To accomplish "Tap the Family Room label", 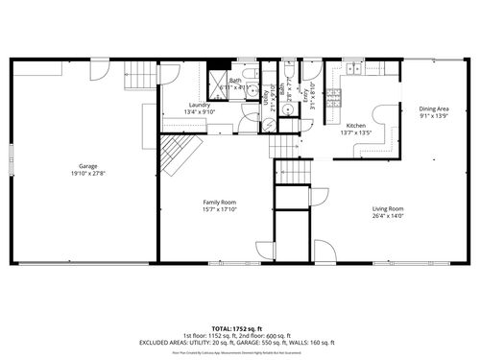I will [219, 202].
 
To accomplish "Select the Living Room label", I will [388, 208].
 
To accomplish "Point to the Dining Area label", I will [433, 108].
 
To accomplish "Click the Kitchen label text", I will [356, 125].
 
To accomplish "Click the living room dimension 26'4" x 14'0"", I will [388, 216].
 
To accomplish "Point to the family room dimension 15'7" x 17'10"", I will [219, 209].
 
